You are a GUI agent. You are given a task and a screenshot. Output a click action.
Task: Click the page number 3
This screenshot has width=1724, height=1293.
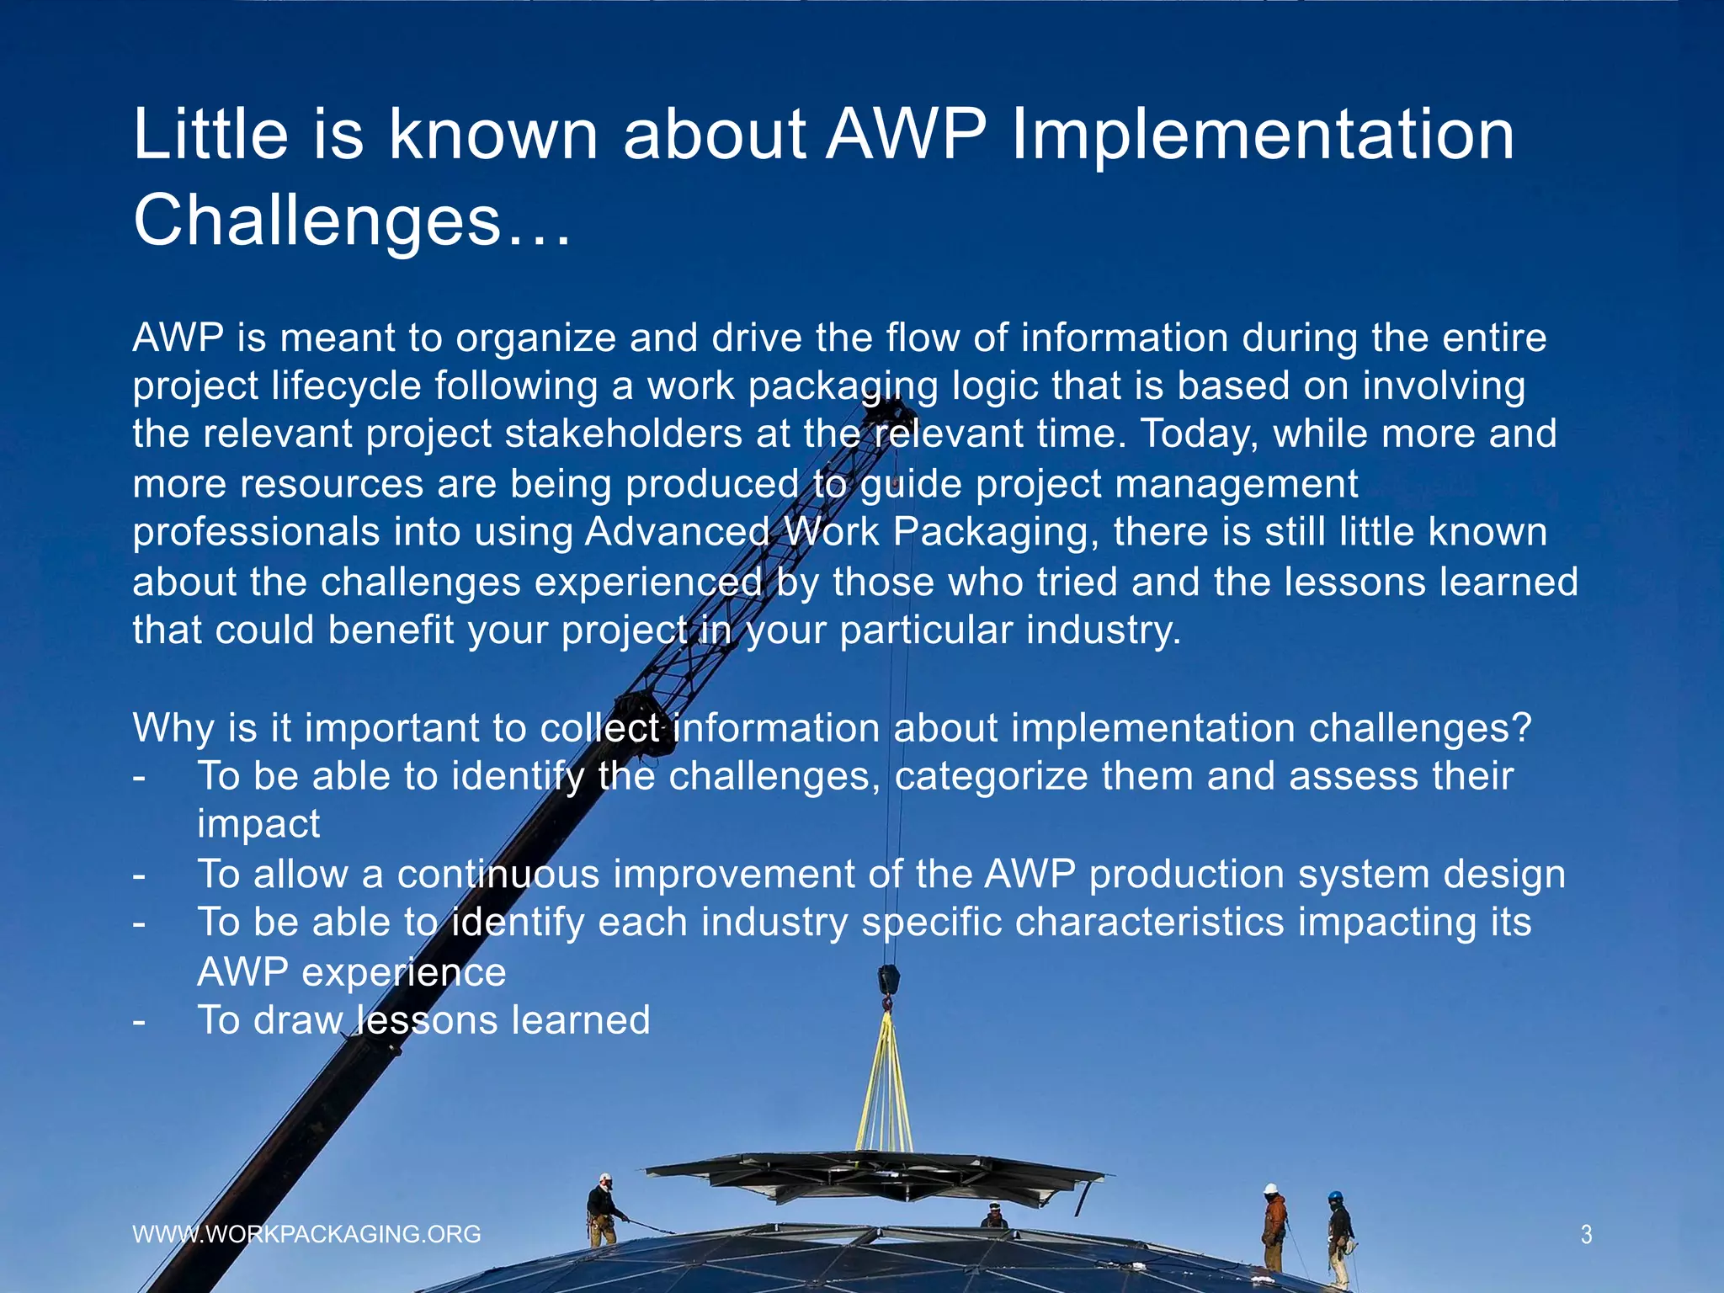[1586, 1235]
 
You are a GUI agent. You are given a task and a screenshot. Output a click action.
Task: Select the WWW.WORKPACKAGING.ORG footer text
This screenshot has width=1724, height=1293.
[307, 1234]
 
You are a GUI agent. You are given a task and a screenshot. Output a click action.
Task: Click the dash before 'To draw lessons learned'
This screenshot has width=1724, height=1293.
[139, 1020]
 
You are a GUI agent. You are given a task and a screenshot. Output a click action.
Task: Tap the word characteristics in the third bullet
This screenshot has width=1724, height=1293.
[1150, 923]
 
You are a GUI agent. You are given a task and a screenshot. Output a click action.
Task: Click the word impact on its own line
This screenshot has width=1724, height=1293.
[258, 824]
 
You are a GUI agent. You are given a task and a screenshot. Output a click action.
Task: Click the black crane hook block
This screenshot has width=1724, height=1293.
[888, 981]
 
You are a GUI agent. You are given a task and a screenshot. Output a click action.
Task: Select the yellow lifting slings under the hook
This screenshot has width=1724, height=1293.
[885, 1086]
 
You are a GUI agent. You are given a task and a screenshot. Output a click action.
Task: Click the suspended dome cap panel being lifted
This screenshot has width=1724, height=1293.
[875, 1174]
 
